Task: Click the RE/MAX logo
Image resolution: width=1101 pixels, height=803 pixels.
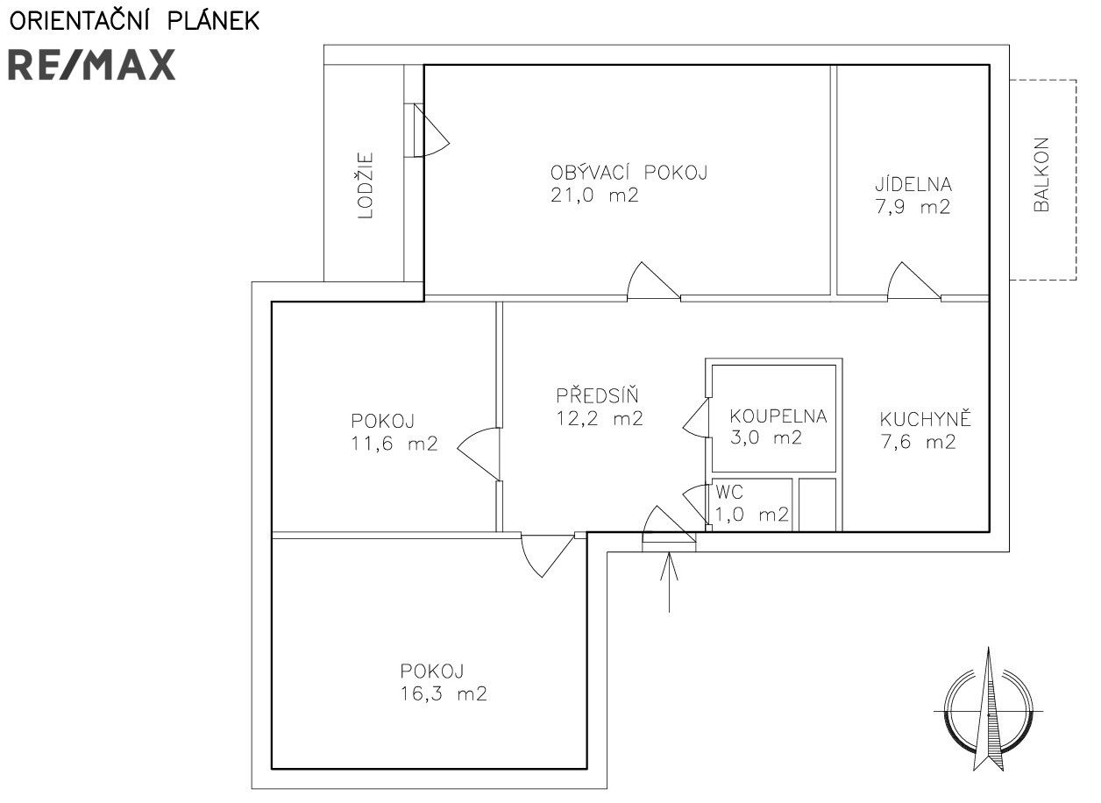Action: pos(92,65)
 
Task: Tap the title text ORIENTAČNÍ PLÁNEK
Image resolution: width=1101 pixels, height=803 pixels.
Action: pos(134,21)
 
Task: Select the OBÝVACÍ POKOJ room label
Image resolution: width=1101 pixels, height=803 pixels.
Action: pos(629,173)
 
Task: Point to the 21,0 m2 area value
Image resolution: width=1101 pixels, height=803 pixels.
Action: pos(595,196)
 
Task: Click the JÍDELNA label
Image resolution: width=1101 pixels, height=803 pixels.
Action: pos(913,185)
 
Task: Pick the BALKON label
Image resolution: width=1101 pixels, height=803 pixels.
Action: pos(1041,174)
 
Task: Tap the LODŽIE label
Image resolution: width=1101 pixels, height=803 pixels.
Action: pos(365,186)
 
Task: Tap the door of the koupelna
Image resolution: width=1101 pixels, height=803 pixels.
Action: pos(697,417)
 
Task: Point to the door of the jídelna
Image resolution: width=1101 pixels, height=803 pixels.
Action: pos(913,282)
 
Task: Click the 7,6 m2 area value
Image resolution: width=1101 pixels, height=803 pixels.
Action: pos(918,443)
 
